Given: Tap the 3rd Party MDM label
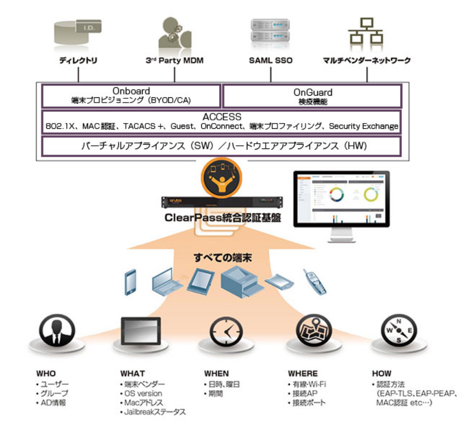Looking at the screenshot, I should [174, 61].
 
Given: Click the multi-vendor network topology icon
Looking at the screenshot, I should [366, 32].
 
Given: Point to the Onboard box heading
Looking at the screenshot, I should [131, 92].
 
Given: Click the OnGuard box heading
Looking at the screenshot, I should [313, 92].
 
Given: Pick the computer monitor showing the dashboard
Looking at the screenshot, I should [341, 200].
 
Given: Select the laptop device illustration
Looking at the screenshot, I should [167, 280].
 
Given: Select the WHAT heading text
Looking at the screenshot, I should [132, 373].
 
